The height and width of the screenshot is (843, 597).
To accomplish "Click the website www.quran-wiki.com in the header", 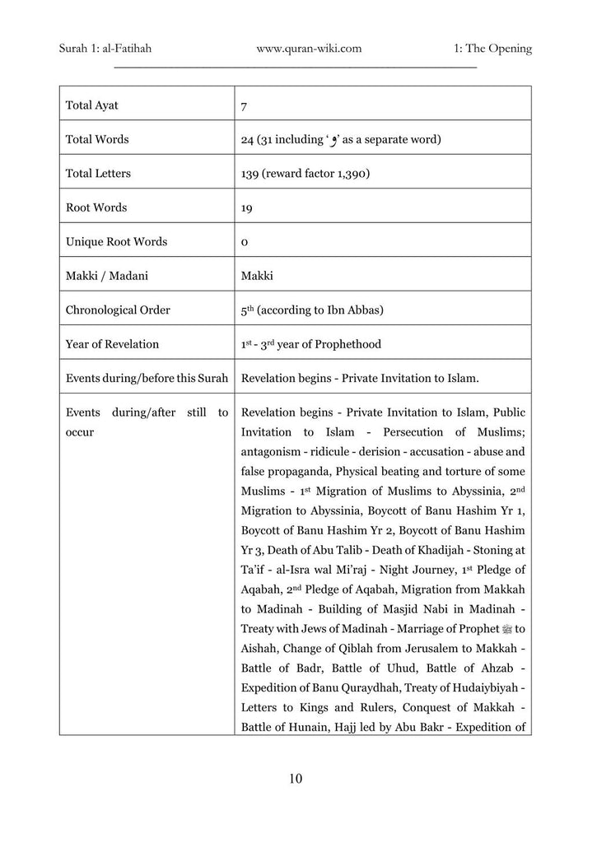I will point(309,49).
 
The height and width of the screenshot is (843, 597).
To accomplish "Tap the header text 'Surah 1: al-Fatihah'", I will point(105,49).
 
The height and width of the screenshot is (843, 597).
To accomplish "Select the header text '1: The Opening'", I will point(492,49).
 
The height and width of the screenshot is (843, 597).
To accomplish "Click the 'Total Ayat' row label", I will point(91,105).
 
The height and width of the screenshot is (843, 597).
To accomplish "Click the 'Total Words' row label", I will point(96,140).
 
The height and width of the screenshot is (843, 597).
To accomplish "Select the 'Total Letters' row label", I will point(98,174).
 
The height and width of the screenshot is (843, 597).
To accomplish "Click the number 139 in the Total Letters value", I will point(251,174).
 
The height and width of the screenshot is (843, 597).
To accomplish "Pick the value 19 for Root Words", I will point(246,208).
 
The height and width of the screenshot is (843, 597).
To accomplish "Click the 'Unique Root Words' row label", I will point(116,242).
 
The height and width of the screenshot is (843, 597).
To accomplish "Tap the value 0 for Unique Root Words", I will point(245,243).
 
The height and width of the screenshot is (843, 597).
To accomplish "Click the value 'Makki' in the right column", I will point(257,276).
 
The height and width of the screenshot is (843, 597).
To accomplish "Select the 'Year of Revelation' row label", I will point(112,344).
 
